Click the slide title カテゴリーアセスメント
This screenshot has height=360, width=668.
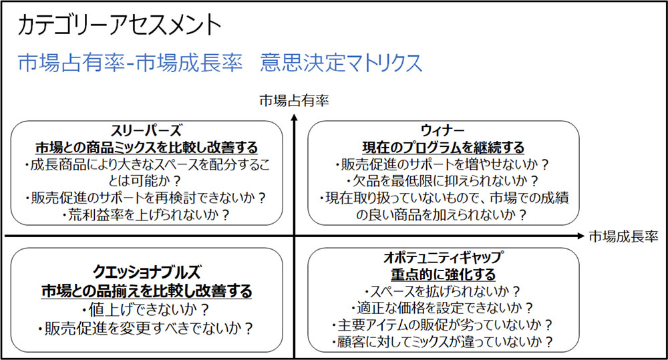tap(121, 25)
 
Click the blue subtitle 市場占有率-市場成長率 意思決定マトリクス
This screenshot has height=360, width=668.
tap(220, 62)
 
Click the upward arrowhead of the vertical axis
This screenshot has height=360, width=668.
tap(295, 118)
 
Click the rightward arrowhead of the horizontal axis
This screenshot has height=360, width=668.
tap(580, 236)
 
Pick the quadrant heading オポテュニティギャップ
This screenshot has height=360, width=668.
tap(443, 258)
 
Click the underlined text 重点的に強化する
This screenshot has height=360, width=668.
tap(443, 275)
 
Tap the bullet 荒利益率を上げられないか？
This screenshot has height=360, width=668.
tap(146, 214)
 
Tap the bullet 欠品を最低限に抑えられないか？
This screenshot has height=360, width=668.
tap(443, 181)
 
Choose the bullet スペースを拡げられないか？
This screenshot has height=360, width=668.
tap(443, 291)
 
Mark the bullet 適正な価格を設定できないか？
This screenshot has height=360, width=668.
tap(443, 308)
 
